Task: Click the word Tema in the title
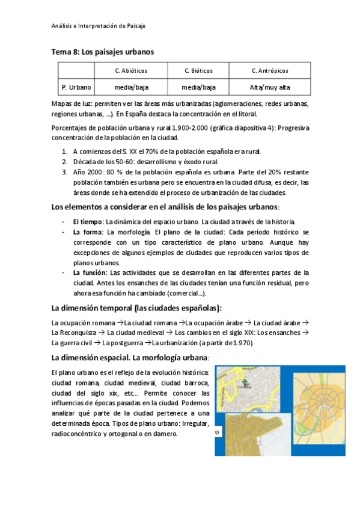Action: (x=61, y=52)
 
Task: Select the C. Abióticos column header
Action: (x=131, y=70)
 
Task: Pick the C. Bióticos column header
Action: (x=198, y=70)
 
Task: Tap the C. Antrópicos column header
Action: (x=270, y=70)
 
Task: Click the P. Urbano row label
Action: (x=76, y=87)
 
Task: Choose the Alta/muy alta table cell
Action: (x=270, y=87)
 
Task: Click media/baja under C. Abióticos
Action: (x=131, y=87)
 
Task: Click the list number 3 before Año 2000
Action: (x=64, y=171)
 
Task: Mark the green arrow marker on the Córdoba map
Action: (x=245, y=382)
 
